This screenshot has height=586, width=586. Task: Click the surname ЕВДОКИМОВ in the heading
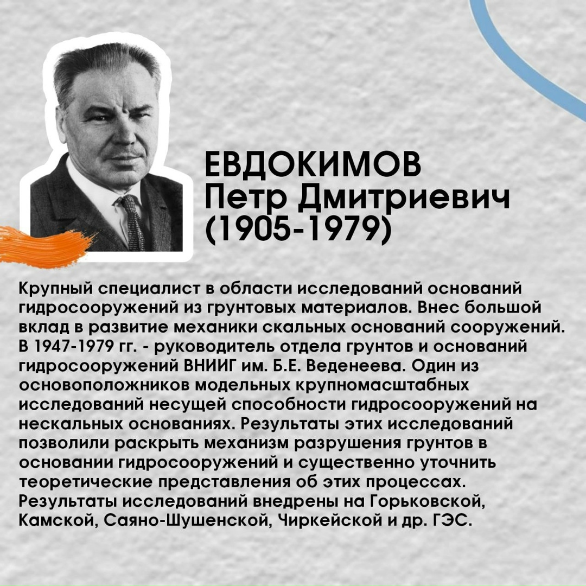click(x=313, y=166)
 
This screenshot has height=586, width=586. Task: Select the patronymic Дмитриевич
click(x=404, y=199)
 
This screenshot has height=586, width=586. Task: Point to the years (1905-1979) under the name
click(x=298, y=230)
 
